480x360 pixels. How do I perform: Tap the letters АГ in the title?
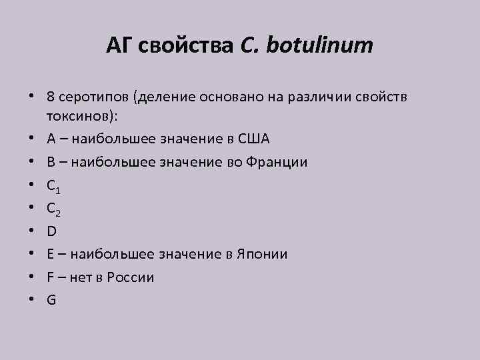point(119,46)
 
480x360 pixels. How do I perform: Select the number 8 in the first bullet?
point(51,97)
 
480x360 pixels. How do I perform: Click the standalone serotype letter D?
point(51,231)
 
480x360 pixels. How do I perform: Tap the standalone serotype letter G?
point(51,300)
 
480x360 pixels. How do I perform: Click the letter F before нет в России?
point(50,277)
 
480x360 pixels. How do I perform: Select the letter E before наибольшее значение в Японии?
point(50,254)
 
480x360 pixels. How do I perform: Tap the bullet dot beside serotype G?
point(33,300)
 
